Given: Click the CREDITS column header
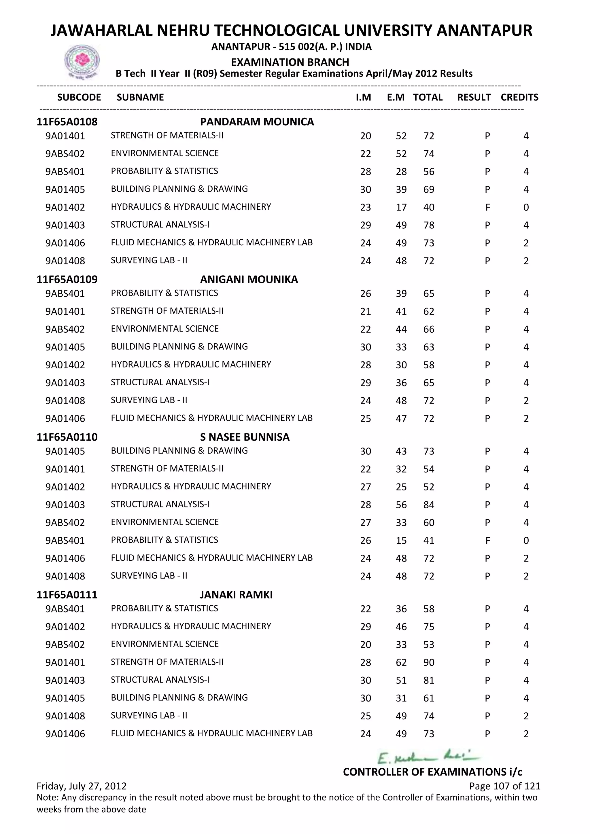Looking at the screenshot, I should click(519, 97).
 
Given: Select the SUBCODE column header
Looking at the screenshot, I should click(79, 97).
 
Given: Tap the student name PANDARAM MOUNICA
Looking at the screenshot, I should click(257, 122).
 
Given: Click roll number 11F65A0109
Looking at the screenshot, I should click(67, 279).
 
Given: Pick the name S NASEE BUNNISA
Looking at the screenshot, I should click(245, 437).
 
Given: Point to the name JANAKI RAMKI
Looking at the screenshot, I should click(236, 595).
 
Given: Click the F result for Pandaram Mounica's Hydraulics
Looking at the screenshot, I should click(487, 207).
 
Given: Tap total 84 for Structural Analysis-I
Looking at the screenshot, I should click(429, 505).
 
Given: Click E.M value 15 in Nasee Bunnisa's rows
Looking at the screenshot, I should click(401, 541).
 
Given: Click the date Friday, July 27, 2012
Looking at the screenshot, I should click(81, 786).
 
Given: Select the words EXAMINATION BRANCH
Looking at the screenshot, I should click(290, 62).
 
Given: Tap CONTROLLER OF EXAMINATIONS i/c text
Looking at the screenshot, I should click(432, 772).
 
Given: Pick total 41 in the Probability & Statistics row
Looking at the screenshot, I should click(429, 541).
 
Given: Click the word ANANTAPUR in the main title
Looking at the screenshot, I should click(484, 31).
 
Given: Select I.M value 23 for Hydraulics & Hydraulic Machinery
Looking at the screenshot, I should click(366, 207).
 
